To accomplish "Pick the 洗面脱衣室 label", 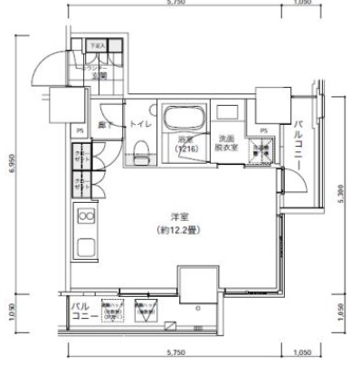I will click(x=226, y=142).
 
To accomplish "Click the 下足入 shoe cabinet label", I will click(x=98, y=43).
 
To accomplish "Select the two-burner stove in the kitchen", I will click(x=86, y=216).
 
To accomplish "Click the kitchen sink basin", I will click(x=86, y=247).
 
